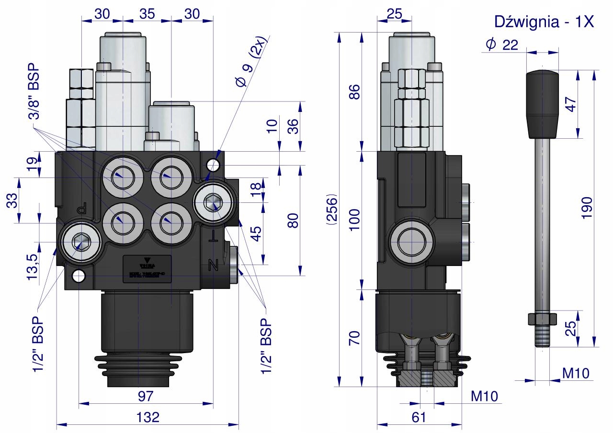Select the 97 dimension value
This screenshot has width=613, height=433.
coord(145,396)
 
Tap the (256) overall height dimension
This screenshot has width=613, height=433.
coord(331,210)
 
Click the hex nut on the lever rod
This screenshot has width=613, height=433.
coord(542,319)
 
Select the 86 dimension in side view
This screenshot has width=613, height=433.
coord(354,91)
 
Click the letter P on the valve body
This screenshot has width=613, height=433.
coord(82,208)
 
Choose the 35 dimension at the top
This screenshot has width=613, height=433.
coord(147,14)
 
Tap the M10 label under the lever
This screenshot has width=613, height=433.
coord(575,372)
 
